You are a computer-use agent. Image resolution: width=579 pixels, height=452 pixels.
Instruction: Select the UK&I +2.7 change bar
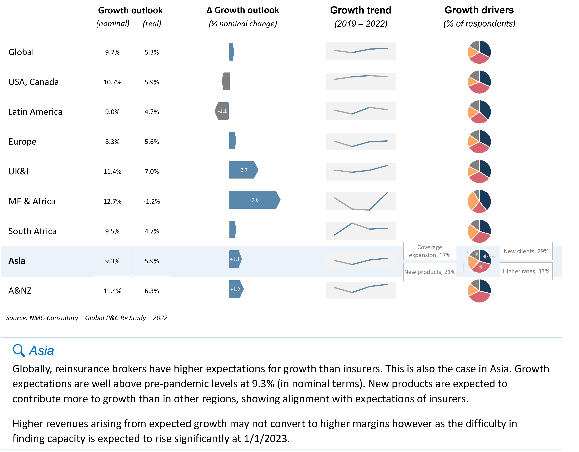point(243,170)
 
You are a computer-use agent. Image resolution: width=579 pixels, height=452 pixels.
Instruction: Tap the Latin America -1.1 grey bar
point(222,111)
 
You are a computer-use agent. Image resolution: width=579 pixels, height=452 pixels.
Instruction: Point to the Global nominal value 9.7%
point(112,52)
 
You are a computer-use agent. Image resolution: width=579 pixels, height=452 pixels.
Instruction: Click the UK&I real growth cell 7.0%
point(152,171)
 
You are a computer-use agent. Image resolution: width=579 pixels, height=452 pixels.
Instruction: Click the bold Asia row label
point(17,261)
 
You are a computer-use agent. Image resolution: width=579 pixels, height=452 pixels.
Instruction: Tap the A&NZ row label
point(20,291)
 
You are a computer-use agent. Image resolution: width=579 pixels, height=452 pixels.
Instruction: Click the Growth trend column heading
point(361,10)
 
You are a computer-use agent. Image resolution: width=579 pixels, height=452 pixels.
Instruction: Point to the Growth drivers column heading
point(479,10)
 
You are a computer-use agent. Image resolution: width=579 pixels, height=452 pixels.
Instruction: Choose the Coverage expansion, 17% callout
point(430,251)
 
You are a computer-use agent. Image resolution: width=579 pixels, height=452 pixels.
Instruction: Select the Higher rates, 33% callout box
point(526,271)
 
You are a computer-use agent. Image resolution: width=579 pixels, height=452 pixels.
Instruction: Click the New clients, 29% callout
point(526,251)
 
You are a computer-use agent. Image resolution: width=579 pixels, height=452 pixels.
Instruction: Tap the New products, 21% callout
point(430,272)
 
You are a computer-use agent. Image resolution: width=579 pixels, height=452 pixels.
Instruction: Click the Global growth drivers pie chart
point(479,52)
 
